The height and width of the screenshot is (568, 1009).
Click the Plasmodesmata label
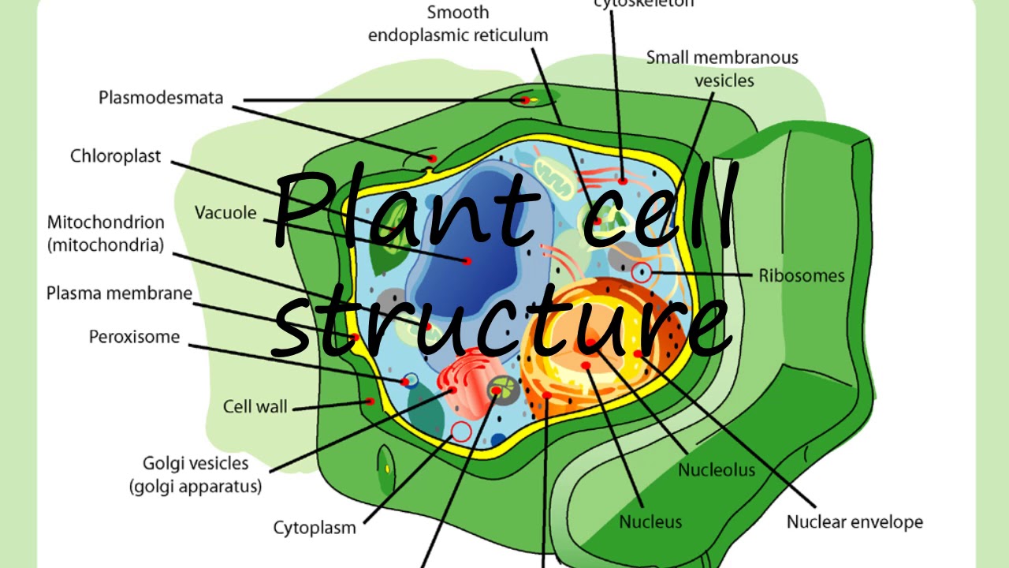[161, 98]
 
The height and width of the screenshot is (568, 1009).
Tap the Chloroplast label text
[115, 156]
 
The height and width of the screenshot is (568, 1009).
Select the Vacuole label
[225, 213]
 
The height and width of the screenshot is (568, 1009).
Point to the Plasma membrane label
[119, 293]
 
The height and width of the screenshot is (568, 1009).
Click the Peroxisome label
[134, 338]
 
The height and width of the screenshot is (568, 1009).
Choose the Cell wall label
[255, 407]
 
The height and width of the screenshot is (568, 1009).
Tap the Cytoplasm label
[315, 528]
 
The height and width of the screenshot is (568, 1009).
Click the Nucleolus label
[717, 470]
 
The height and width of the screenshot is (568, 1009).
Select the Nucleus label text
[650, 521]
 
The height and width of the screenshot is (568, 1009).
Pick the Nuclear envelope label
[854, 521]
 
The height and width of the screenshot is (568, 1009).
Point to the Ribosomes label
[802, 276]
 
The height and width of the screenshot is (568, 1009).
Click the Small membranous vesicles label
[722, 69]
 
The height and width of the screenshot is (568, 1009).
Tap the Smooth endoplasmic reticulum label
[458, 24]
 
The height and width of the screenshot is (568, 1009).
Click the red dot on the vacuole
[467, 260]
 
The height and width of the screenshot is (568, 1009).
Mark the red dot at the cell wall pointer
[370, 401]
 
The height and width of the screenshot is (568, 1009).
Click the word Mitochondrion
[106, 222]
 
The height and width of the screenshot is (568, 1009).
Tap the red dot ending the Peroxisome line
[405, 382]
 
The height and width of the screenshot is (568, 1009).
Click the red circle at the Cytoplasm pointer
[461, 432]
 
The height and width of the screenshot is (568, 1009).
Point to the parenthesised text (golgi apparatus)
[195, 487]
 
